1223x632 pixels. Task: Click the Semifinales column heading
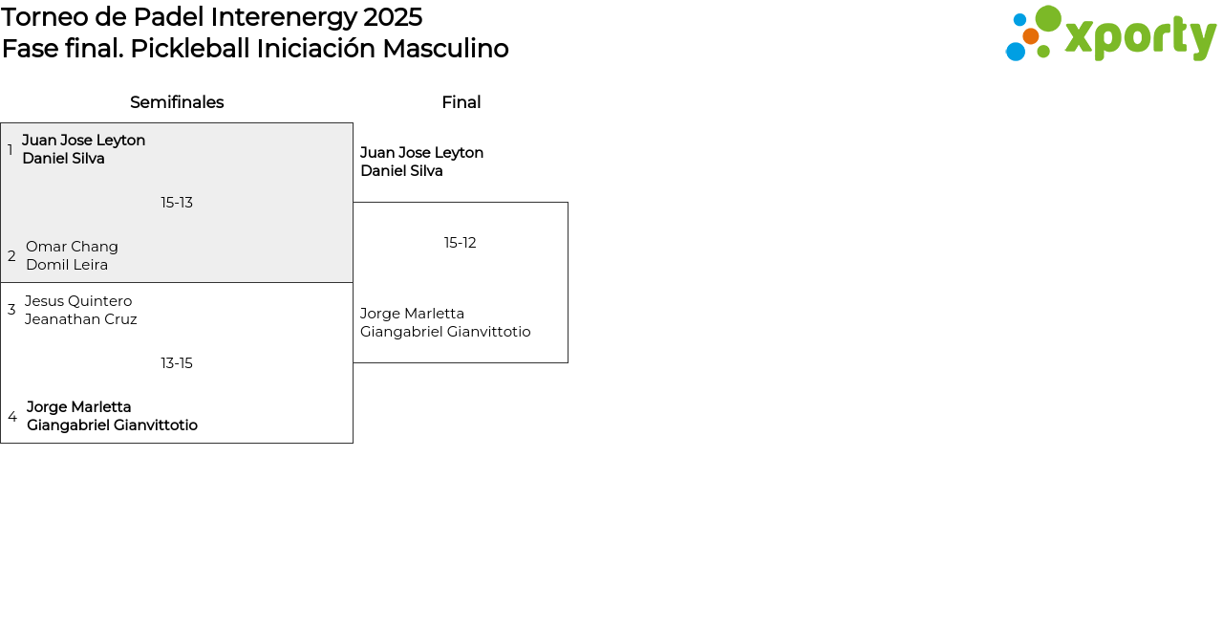177,102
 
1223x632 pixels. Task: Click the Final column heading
461,102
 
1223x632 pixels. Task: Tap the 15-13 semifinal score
177,203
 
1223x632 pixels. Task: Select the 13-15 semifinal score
177,363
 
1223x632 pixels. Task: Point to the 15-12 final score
461,243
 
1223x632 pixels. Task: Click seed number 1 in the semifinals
10,149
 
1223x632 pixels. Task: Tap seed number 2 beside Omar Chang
11,255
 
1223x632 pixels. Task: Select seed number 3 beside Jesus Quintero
11,310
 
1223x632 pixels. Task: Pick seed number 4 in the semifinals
12,417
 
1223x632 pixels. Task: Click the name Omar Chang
72,247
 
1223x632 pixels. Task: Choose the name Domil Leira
67,265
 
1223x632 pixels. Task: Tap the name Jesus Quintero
78,301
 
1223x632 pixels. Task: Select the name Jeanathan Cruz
81,319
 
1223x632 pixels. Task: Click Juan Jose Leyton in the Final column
422,153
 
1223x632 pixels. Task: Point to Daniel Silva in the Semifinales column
63,159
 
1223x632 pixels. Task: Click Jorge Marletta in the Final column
412,314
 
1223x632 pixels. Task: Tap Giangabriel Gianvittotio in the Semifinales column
113,425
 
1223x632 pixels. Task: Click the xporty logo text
1141,37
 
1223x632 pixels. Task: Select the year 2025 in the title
393,17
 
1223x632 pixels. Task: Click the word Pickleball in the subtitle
190,49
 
